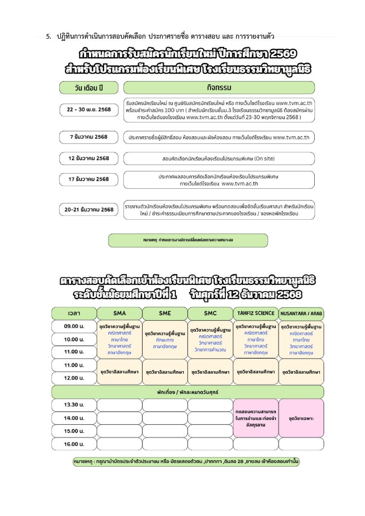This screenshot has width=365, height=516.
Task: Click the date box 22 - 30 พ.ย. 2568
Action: click(89, 110)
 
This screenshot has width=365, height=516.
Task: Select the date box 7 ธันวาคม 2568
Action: click(89, 138)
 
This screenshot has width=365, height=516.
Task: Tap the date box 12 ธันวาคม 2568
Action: click(89, 158)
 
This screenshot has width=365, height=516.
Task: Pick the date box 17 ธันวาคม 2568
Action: click(89, 179)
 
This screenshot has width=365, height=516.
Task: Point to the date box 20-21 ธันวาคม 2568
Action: click(89, 209)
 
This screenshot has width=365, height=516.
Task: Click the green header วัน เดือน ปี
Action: click(89, 88)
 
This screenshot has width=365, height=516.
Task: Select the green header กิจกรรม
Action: click(219, 88)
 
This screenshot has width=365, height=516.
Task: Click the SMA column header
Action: click(119, 313)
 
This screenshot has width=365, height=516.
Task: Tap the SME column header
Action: click(165, 313)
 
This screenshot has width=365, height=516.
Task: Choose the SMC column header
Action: click(210, 313)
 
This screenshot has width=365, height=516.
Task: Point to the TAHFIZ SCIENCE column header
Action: click(256, 313)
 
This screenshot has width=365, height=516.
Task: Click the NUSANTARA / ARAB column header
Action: click(301, 313)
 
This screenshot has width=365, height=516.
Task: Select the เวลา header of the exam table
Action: click(74, 313)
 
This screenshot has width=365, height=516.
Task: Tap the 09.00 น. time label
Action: click(74, 326)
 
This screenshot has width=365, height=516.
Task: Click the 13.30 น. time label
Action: click(74, 405)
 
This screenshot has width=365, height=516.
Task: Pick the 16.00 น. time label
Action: click(74, 444)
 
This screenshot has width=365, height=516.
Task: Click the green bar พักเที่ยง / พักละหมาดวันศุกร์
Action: click(188, 392)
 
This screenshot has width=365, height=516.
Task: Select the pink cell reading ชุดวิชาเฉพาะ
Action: click(301, 418)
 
